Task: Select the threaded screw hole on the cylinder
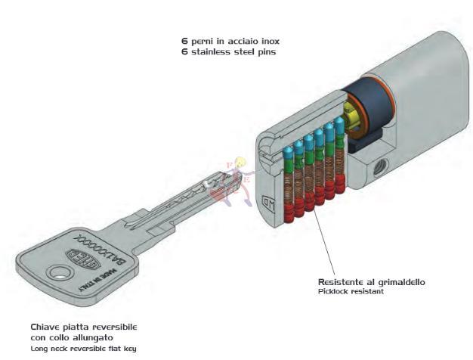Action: [x=378, y=165]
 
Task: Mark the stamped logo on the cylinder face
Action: [x=267, y=203]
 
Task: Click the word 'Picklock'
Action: [x=334, y=291]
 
